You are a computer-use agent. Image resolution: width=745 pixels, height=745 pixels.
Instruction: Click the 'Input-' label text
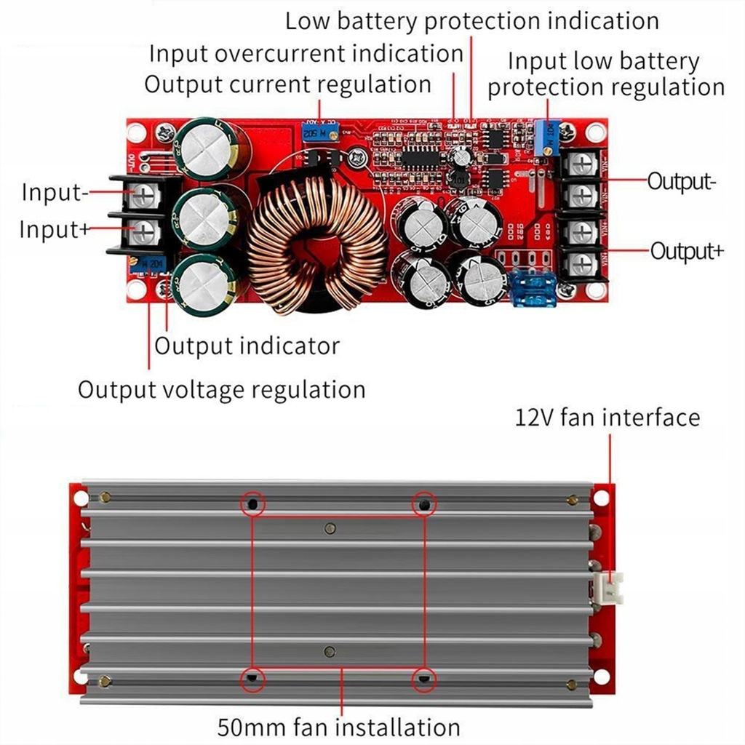coord(55,194)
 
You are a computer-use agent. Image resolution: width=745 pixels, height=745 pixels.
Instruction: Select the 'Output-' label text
coord(681,181)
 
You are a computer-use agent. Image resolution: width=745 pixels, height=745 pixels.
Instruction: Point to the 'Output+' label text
coord(687,252)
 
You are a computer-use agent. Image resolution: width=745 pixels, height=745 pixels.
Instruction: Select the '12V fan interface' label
coord(607,418)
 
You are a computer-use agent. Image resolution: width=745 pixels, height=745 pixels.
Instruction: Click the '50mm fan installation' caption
coord(338,727)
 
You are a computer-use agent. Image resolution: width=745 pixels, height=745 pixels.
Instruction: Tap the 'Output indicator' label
coord(247,346)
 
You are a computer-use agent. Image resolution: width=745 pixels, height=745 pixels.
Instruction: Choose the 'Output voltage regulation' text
coord(221,390)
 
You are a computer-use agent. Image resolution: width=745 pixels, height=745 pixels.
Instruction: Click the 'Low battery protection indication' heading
coord(471,20)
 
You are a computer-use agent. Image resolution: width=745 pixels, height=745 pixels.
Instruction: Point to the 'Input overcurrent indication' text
coord(306,53)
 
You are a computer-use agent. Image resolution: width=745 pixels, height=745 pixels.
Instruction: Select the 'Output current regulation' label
coord(287,84)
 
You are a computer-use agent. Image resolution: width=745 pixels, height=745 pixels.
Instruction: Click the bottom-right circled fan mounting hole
coord(423,680)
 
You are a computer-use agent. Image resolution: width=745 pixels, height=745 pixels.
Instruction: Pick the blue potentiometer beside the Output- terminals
coord(546,137)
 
